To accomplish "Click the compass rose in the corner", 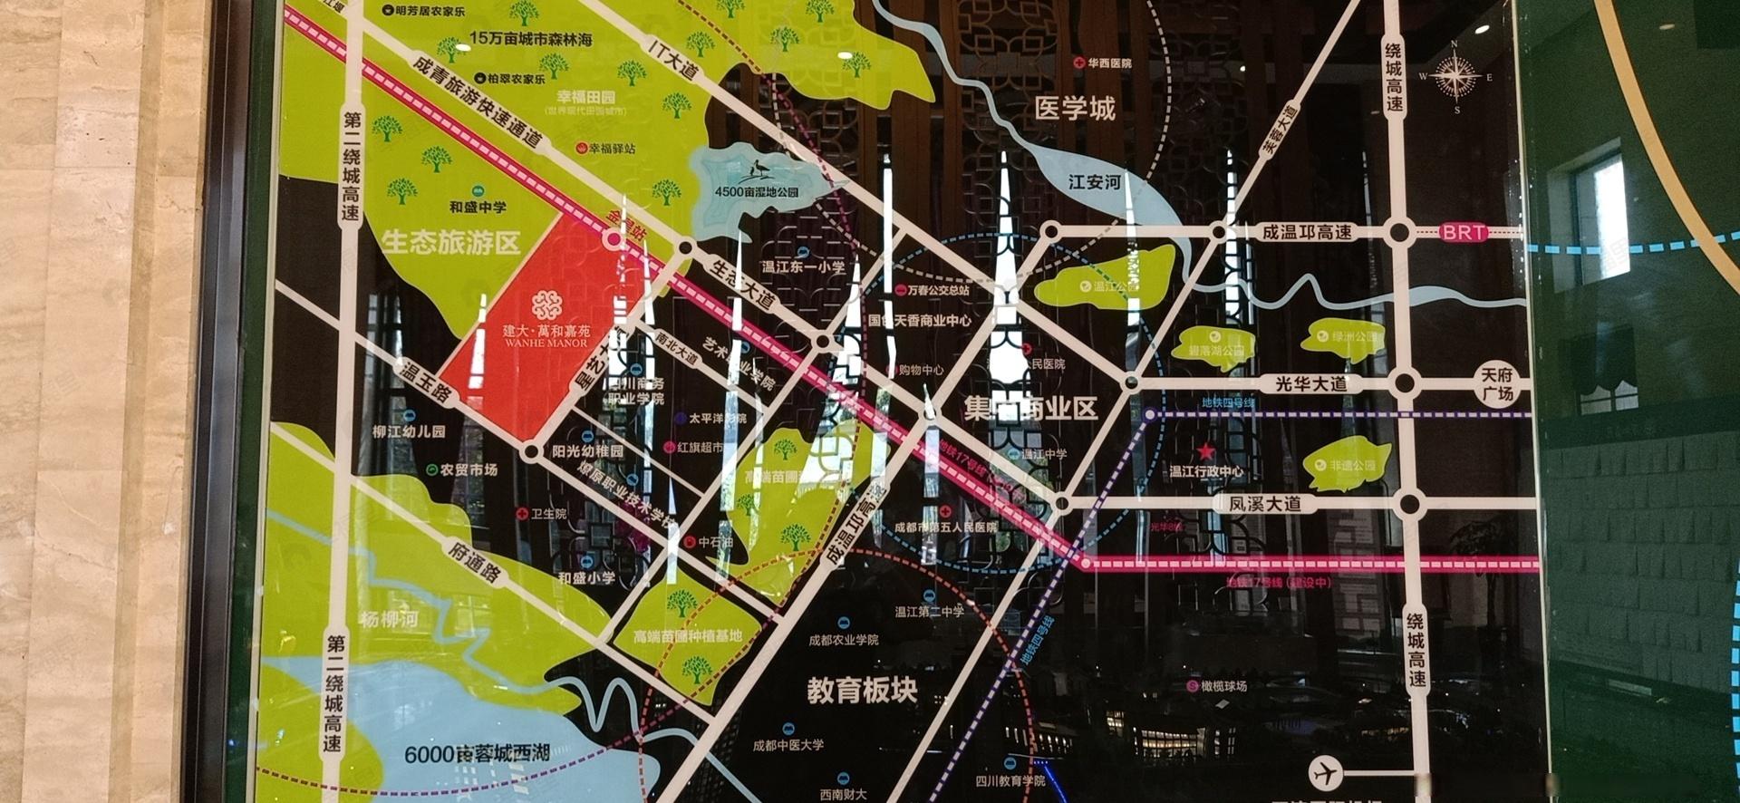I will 1455,77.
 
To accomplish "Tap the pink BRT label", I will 1464,233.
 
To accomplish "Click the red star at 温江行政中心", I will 1205,451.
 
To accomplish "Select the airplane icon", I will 1326,773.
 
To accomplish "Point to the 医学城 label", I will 1075,110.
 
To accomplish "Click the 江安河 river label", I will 1094,182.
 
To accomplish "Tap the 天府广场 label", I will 1498,383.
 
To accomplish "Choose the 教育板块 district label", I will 862,692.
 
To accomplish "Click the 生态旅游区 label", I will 450,242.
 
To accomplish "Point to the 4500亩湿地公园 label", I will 756,192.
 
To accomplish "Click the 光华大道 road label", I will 1310,383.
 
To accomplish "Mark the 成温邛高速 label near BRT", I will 1307,233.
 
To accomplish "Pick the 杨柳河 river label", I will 388,620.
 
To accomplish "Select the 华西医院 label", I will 1108,63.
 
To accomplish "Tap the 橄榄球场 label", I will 1223,686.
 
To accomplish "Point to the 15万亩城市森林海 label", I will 531,39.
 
